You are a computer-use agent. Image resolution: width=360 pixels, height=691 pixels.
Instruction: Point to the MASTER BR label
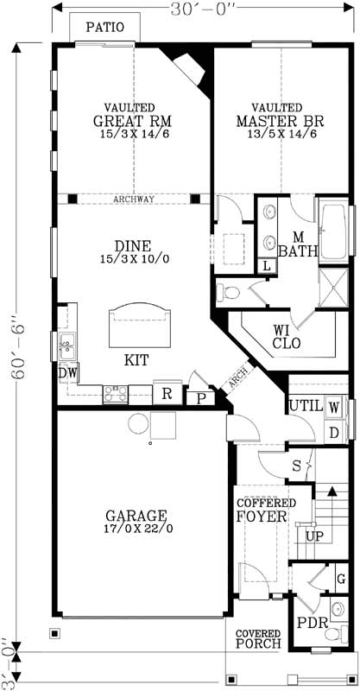point(276,121)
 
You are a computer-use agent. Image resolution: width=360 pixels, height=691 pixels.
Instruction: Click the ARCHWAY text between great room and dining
point(134,199)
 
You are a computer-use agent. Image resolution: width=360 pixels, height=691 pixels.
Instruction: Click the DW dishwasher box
point(67,372)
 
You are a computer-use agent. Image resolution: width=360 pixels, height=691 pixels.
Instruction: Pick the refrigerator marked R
point(166,393)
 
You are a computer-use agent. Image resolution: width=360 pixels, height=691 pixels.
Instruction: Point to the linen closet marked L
point(265,267)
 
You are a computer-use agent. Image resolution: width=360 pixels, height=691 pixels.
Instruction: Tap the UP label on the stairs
point(316,536)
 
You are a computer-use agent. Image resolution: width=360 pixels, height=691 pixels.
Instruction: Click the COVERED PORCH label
point(256,639)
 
